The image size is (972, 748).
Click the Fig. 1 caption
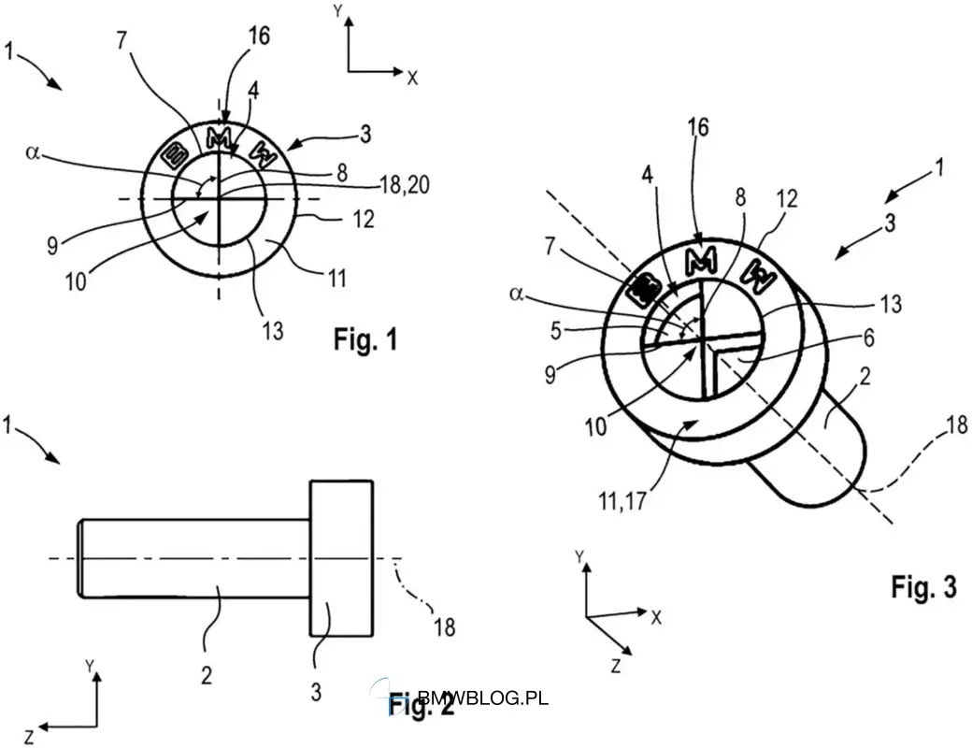click(365, 339)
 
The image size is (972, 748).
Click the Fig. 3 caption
click(923, 586)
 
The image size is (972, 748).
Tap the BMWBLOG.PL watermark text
click(483, 698)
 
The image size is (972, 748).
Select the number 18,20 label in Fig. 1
click(404, 185)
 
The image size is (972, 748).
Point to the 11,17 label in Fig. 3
click(622, 501)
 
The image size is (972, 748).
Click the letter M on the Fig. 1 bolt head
click(218, 139)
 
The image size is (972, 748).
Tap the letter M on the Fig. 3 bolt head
click(702, 259)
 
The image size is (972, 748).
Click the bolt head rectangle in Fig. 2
click(341, 558)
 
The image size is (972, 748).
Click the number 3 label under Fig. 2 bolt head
click(316, 692)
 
